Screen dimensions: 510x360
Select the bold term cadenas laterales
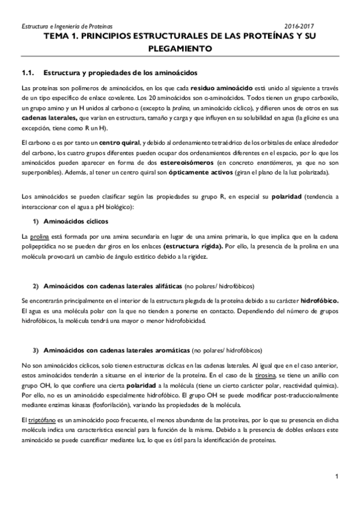pyautogui.click(x=45, y=119)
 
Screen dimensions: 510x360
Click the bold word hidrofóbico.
pyautogui.click(x=320, y=300)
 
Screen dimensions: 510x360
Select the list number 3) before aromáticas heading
pyautogui.click(x=35, y=349)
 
